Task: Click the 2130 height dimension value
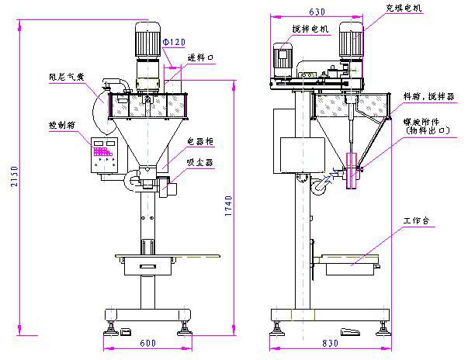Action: (x=9, y=178)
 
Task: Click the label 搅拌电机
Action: (x=311, y=28)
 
